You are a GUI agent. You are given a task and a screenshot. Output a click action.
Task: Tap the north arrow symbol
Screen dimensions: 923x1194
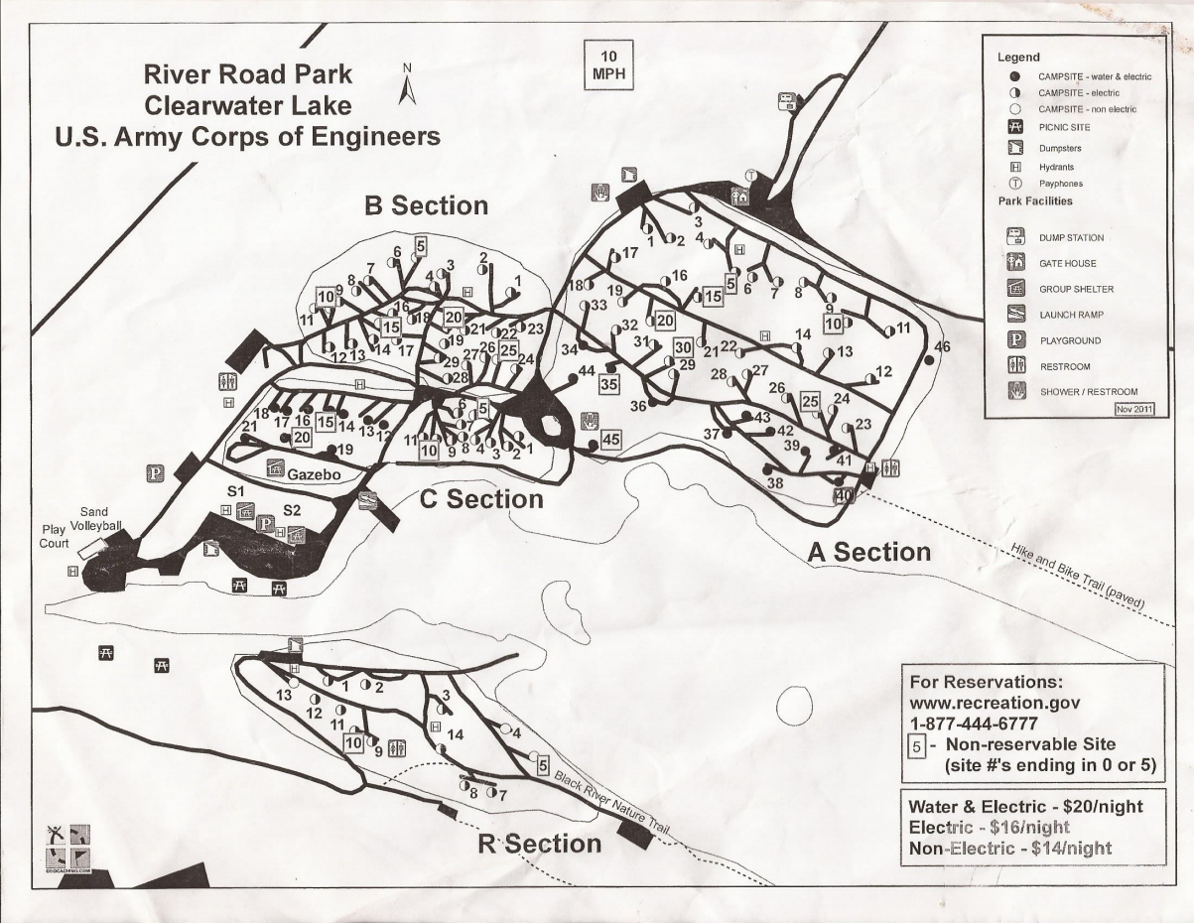coord(405,85)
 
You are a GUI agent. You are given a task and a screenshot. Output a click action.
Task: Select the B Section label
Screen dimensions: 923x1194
coord(426,205)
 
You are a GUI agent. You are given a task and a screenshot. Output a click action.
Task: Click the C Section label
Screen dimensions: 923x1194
coord(481,499)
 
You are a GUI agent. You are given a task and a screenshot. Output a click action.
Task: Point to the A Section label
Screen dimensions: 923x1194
coord(868,552)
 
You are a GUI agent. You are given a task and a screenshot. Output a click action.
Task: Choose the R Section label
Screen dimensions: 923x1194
coord(539,844)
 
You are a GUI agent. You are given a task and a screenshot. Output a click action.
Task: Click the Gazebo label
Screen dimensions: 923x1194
coord(315,475)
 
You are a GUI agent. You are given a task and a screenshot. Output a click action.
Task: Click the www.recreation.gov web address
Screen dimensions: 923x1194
coord(993,704)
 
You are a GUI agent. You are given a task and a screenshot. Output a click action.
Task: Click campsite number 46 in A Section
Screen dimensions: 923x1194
coord(942,346)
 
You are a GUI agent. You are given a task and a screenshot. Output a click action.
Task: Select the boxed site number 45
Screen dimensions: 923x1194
coord(610,440)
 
